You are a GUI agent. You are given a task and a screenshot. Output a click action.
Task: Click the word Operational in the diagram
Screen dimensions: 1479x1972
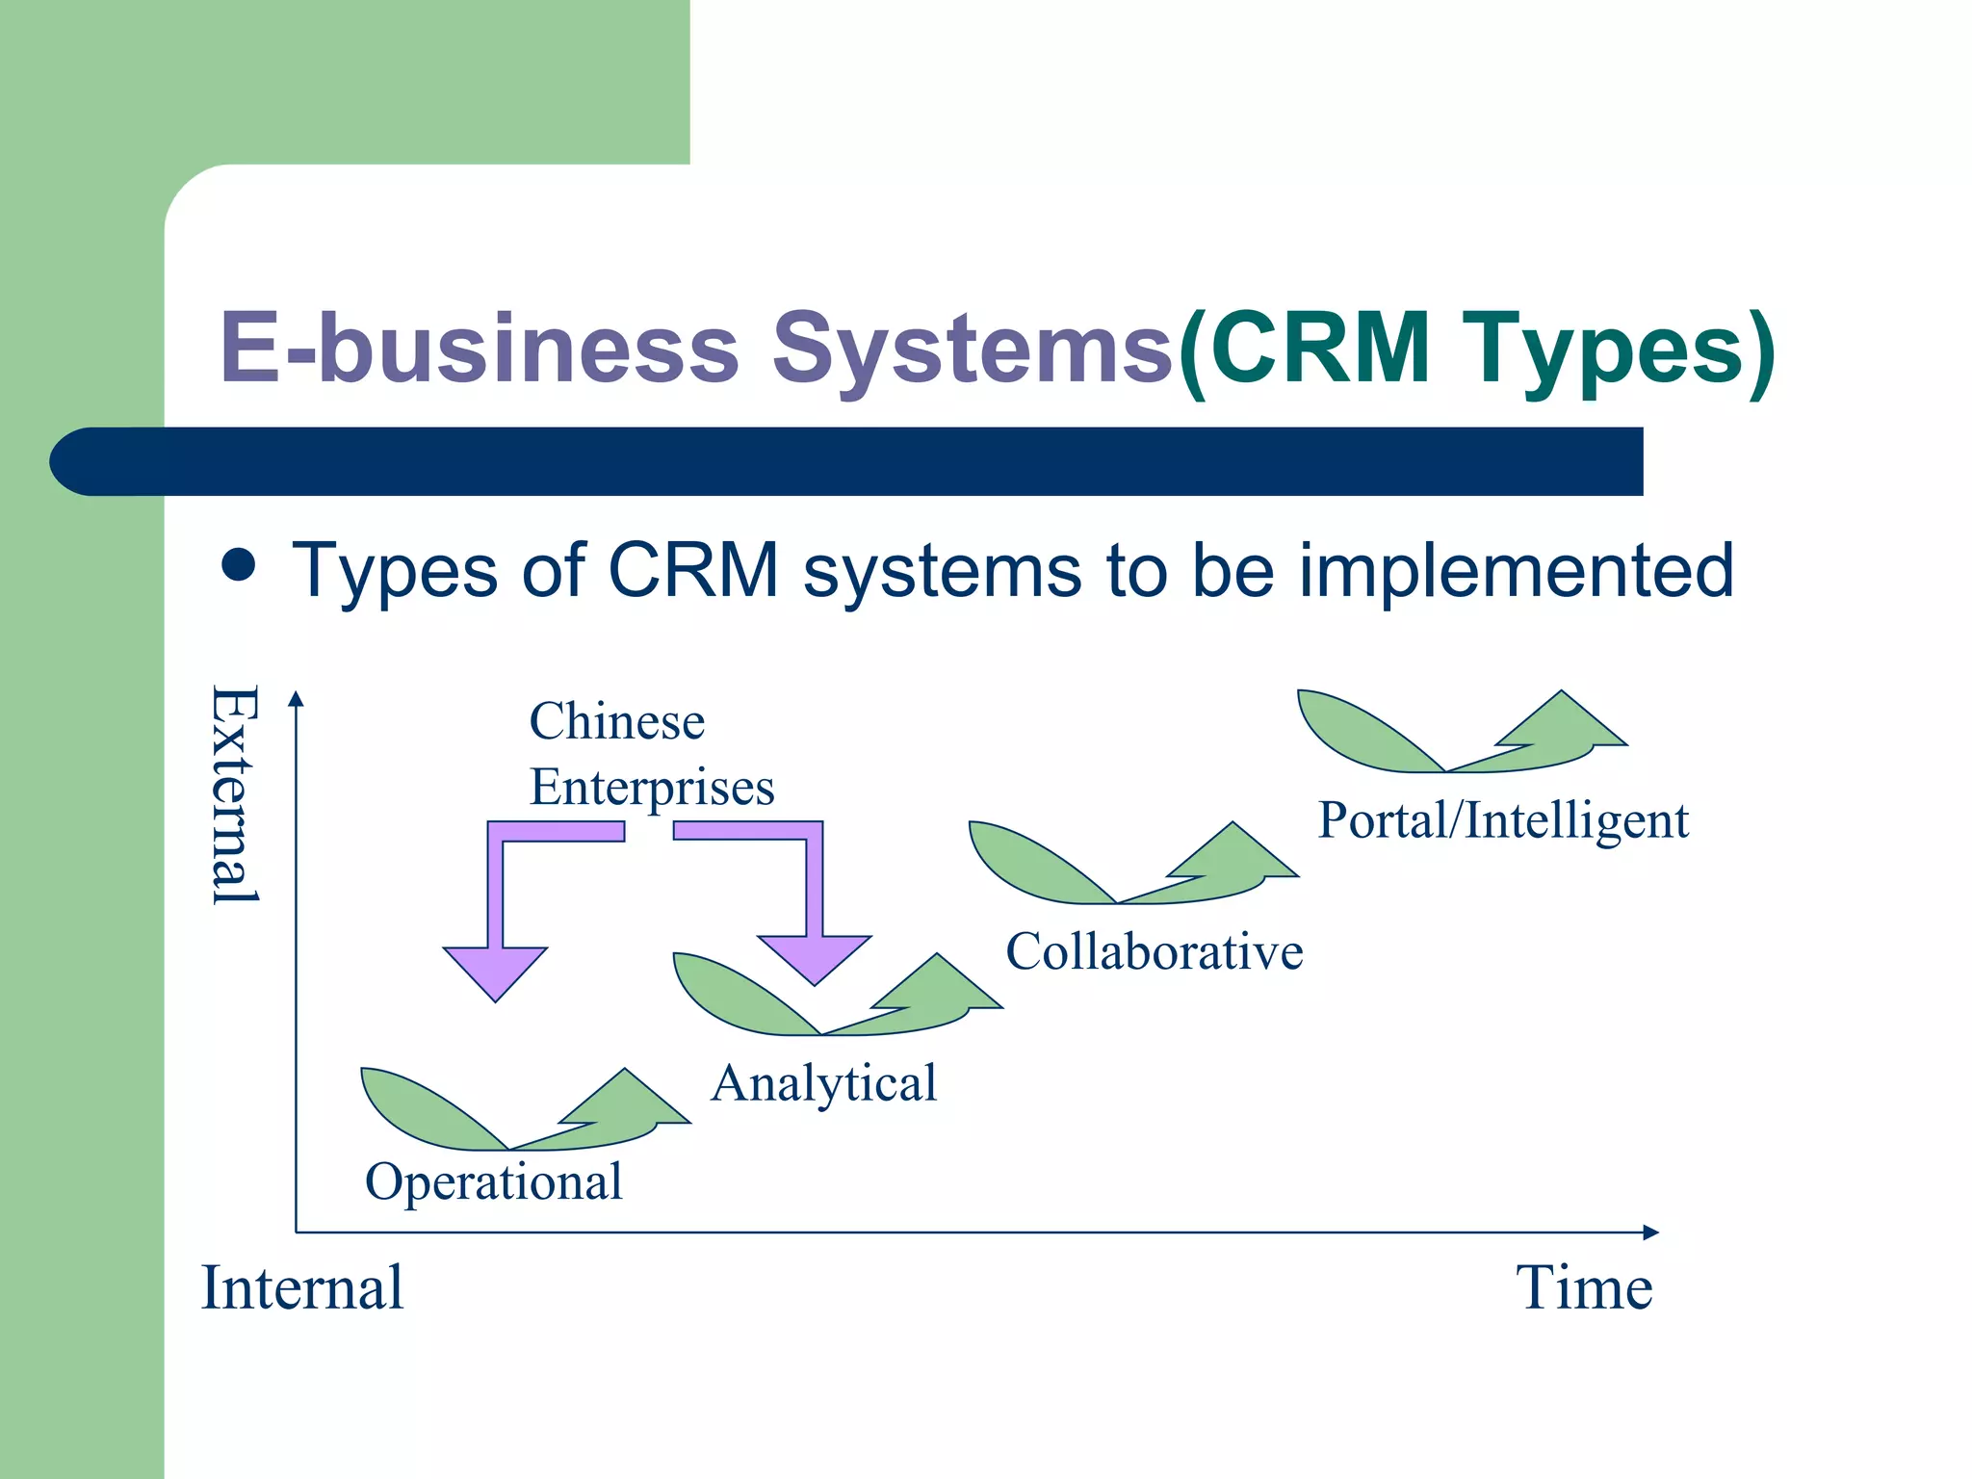(493, 1181)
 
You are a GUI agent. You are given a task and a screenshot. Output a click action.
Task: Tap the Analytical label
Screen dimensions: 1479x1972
(823, 1082)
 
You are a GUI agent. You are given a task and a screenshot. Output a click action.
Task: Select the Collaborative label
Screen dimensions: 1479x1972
(1154, 951)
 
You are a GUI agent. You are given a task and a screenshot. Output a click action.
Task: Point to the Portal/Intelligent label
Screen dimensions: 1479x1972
(1502, 820)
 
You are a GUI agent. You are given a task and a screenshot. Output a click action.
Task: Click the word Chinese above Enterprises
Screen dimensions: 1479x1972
(616, 721)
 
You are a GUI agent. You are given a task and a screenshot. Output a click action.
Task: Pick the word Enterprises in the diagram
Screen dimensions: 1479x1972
(652, 787)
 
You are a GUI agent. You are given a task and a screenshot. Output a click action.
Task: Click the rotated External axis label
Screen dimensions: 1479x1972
(234, 794)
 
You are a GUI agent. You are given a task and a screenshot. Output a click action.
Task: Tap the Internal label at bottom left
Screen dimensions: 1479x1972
(301, 1287)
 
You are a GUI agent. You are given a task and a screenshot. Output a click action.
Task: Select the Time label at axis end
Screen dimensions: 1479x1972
(1584, 1287)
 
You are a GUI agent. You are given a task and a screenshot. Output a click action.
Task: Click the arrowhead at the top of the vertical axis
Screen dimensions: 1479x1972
(297, 699)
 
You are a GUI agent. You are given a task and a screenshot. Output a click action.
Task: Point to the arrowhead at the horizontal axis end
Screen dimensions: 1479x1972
(1650, 1232)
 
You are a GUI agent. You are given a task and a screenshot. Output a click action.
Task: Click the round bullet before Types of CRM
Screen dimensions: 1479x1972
(238, 566)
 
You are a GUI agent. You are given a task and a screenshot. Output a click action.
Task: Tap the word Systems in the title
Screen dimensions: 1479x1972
(973, 349)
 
